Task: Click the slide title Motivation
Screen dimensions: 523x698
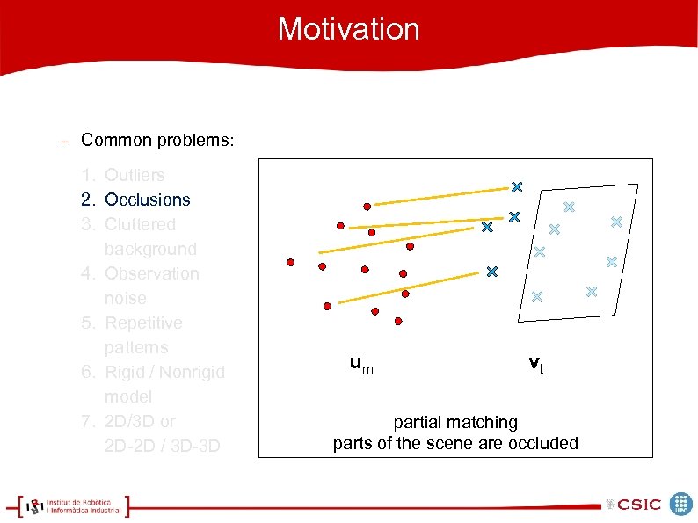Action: tap(348, 29)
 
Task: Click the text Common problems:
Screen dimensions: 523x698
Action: tap(157, 141)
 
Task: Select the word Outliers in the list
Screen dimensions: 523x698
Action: tap(135, 175)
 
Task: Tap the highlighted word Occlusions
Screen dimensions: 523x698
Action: tap(147, 200)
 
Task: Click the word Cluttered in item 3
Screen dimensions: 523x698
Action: tap(140, 224)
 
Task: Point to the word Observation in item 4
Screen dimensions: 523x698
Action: tap(151, 273)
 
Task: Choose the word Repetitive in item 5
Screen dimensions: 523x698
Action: tap(143, 323)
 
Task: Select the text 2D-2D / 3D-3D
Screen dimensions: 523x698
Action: tap(162, 446)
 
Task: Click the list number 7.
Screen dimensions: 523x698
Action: tap(88, 421)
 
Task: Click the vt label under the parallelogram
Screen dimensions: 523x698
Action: tap(535, 363)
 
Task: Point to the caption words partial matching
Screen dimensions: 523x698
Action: tap(455, 423)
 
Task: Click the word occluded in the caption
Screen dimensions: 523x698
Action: tap(545, 443)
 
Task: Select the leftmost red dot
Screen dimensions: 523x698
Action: tap(290, 262)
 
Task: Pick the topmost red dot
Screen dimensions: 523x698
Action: tap(367, 207)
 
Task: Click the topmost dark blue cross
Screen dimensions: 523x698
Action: tap(517, 186)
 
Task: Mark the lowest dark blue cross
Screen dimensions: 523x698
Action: tap(491, 272)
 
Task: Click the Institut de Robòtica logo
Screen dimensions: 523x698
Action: tap(75, 506)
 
